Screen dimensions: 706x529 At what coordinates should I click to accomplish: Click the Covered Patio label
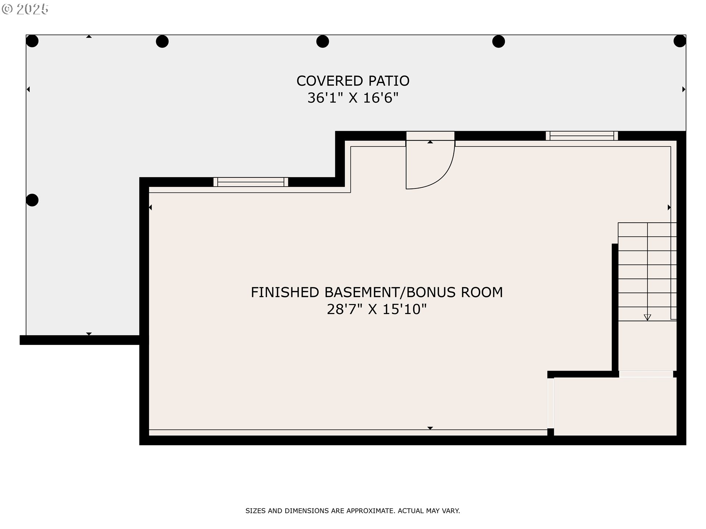coord(353,81)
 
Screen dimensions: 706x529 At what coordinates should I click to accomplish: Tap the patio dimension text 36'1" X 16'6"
coord(353,98)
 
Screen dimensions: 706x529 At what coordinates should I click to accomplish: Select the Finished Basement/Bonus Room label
coord(377,292)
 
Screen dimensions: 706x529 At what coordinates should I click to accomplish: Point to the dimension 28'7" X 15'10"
coord(377,309)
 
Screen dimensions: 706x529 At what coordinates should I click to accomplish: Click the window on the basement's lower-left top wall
coord(251,182)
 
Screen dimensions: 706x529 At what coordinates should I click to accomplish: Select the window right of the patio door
coord(582,136)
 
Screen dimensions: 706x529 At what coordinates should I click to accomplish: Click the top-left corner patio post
coord(32,41)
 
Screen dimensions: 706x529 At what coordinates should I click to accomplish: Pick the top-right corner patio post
coord(680,41)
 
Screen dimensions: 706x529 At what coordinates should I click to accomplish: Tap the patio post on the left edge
coord(32,200)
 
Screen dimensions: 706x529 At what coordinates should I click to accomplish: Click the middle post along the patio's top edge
coord(322,42)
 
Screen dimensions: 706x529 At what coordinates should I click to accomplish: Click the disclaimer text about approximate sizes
coord(353,511)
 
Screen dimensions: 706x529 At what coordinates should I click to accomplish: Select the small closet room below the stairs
coord(615,407)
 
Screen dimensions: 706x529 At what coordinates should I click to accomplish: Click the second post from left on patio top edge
coord(162,42)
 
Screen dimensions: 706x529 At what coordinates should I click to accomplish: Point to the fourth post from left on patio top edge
coord(498,42)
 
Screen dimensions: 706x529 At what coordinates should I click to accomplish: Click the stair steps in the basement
coord(647,272)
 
